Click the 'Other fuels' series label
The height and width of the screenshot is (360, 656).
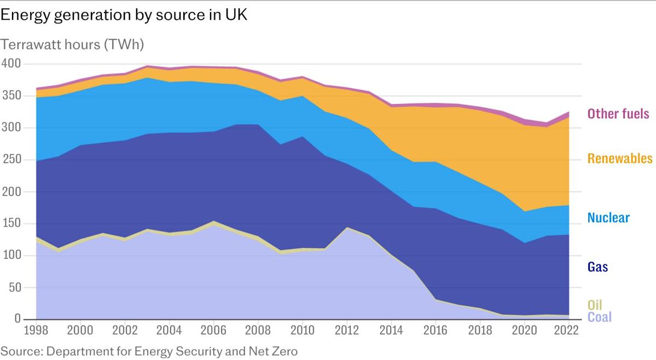[x=618, y=114]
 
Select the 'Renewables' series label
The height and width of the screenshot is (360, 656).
[x=620, y=159]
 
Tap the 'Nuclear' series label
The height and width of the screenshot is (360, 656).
[x=608, y=218]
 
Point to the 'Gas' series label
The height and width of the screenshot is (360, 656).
[x=597, y=267]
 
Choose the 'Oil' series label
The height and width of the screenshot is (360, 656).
[x=595, y=305]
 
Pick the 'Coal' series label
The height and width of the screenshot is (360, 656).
[x=599, y=317]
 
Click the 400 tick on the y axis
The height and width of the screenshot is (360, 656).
[x=11, y=64]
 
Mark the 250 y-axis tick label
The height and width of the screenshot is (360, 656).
[x=11, y=160]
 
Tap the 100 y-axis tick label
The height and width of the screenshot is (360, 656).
[x=11, y=256]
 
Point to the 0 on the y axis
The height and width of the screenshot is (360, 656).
[x=18, y=319]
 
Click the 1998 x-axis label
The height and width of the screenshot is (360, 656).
[x=36, y=330]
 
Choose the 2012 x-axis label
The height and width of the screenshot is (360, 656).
[x=347, y=330]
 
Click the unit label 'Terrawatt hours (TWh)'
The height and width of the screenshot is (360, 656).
[x=72, y=44]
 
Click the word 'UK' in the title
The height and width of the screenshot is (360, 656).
[x=236, y=15]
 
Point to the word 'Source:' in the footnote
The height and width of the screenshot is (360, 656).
[x=21, y=351]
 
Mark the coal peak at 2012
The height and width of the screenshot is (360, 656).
[x=347, y=228]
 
